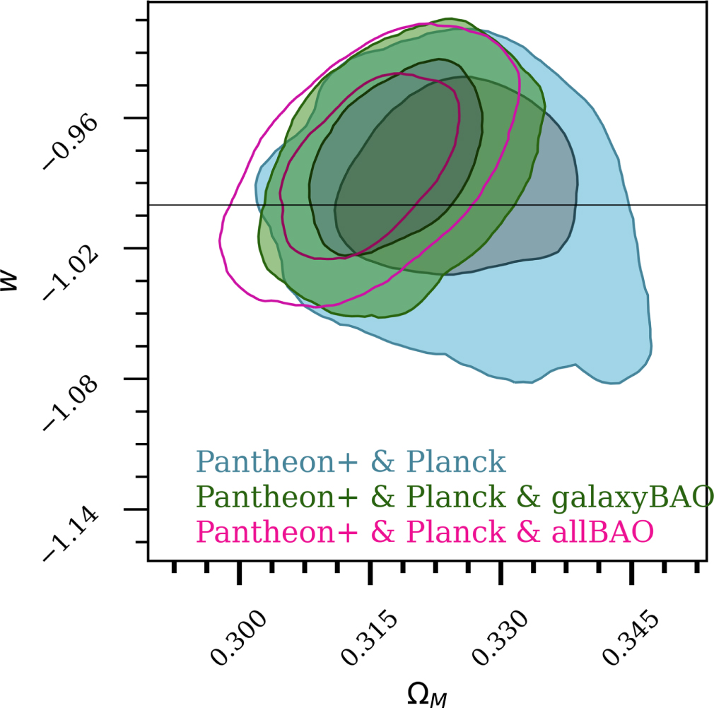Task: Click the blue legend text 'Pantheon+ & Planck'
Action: coord(351,461)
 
